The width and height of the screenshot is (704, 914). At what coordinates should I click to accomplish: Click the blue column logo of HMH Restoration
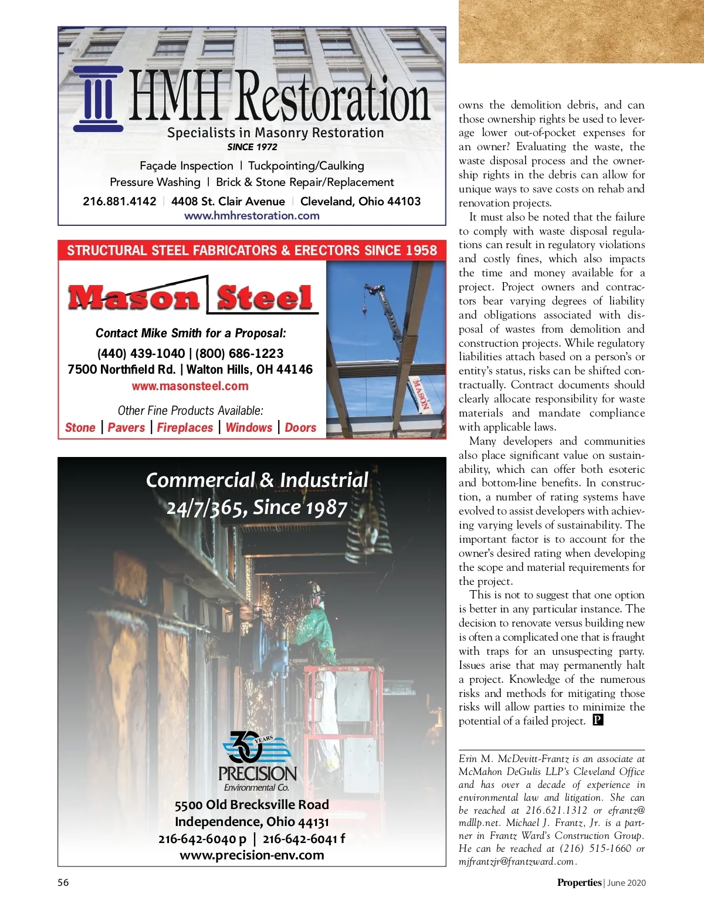click(98, 99)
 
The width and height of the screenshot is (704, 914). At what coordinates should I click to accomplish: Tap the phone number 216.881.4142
click(120, 201)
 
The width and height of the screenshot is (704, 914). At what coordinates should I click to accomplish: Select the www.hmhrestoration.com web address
click(252, 215)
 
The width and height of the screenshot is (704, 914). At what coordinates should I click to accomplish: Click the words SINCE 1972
click(252, 147)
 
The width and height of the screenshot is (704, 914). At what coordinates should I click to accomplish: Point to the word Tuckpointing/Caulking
click(306, 165)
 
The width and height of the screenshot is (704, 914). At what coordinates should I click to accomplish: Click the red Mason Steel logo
click(191, 297)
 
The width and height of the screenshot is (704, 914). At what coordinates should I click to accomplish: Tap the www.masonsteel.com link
click(190, 386)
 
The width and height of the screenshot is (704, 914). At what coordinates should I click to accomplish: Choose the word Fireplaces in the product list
click(185, 428)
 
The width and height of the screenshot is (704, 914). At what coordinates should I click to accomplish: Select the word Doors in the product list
click(300, 428)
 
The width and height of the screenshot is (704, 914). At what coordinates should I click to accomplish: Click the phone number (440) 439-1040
click(141, 353)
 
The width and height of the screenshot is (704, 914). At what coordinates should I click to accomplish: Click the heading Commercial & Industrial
click(257, 480)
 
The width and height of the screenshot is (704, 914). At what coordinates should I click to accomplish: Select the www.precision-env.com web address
click(252, 855)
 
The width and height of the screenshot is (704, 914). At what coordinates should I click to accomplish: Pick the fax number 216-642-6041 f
click(304, 838)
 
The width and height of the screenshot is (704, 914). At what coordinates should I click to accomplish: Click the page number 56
click(63, 882)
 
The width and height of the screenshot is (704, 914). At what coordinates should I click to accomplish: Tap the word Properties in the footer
click(579, 882)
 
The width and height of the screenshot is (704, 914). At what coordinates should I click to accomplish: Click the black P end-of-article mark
click(598, 720)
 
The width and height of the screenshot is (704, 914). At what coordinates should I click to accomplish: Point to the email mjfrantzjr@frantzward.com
click(517, 861)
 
